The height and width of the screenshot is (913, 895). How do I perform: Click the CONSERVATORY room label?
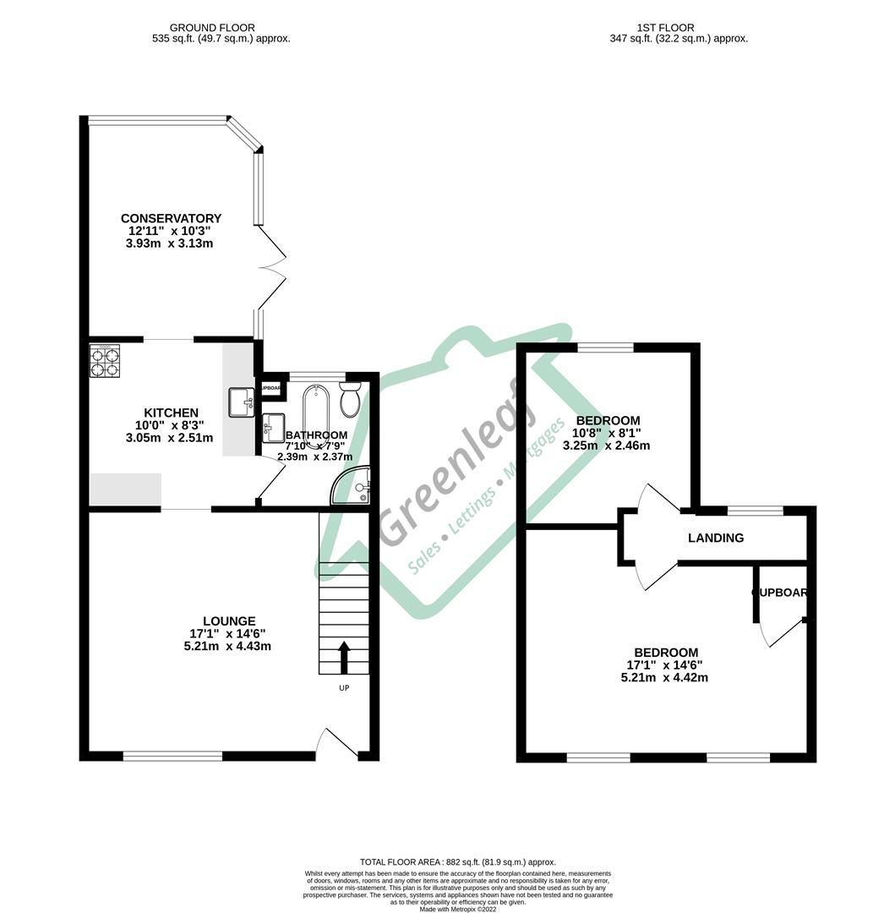[x=171, y=218]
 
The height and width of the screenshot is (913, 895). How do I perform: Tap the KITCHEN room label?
[x=171, y=413]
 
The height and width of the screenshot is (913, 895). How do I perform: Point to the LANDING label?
[x=715, y=538]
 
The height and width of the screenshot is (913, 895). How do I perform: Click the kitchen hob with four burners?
[x=106, y=362]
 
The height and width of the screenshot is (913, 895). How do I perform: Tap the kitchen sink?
[x=240, y=402]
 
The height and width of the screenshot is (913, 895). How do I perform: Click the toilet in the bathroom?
[x=351, y=399]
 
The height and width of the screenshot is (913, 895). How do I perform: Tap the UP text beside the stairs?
[x=344, y=688]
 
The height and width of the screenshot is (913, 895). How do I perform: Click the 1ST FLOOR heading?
[x=678, y=28]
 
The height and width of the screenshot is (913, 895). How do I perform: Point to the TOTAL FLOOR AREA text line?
[x=457, y=861]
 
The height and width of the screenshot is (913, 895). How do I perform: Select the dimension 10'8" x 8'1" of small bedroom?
[x=608, y=434]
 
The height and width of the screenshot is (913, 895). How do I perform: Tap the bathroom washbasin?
[x=273, y=427]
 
